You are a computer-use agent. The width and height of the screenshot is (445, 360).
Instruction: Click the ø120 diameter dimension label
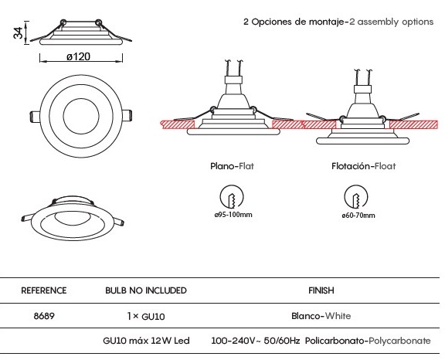[78, 56]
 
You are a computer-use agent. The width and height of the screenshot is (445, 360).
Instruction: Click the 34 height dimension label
[19, 32]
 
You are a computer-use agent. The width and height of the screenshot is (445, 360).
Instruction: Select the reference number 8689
[44, 316]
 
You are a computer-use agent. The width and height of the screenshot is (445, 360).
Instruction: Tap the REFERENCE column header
[44, 290]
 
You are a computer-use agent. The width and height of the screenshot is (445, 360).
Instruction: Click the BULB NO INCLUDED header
[146, 290]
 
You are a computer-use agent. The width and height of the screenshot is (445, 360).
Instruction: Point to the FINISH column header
[321, 290]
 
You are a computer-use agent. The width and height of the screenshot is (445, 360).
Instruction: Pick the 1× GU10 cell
[146, 316]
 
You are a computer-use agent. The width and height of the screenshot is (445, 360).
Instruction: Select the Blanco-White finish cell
[321, 316]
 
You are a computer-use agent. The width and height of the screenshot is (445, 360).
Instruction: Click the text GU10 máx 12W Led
[146, 341]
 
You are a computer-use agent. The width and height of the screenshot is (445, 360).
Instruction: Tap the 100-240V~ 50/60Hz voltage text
[256, 341]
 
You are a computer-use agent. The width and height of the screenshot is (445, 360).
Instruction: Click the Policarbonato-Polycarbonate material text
[368, 341]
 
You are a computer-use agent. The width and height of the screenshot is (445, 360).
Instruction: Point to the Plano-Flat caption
[232, 166]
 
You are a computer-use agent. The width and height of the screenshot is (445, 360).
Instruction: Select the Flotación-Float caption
[364, 166]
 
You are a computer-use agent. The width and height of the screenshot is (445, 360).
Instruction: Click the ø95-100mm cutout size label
[233, 215]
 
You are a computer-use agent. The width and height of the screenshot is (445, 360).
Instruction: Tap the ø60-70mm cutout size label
[358, 216]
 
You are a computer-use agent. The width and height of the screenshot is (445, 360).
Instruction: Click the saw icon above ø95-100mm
[232, 196]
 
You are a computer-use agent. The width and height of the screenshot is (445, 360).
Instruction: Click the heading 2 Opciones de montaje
[294, 22]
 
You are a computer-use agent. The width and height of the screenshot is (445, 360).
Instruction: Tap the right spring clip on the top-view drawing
[127, 116]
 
